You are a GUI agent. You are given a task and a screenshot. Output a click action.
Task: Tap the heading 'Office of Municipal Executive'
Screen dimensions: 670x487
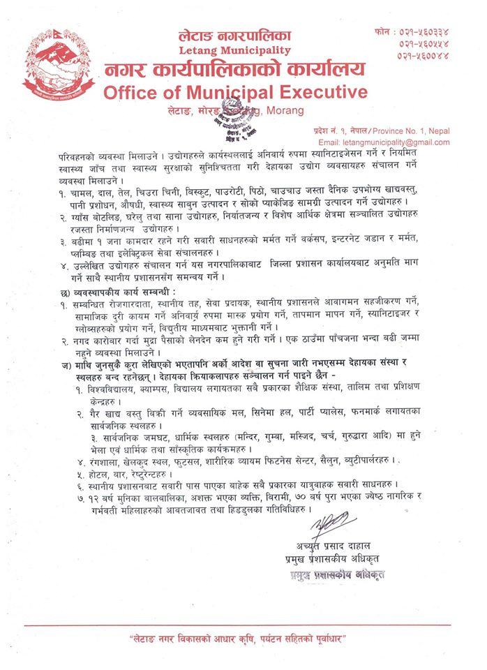[235, 93]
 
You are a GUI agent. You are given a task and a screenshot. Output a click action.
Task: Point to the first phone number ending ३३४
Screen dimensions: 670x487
[425, 31]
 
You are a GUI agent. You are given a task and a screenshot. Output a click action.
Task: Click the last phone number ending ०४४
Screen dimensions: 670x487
[425, 55]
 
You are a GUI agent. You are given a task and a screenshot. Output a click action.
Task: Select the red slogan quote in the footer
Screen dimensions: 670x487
[242, 640]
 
